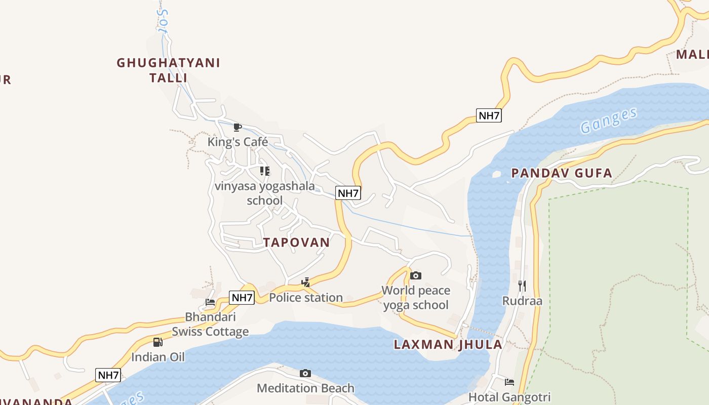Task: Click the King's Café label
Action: pyautogui.click(x=238, y=142)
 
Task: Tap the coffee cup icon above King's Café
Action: pyautogui.click(x=237, y=127)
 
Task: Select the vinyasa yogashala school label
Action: pyautogui.click(x=264, y=193)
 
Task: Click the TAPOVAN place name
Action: pyautogui.click(x=296, y=242)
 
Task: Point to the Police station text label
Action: pyautogui.click(x=305, y=298)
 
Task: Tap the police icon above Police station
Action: pyautogui.click(x=305, y=282)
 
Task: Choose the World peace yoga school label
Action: pyautogui.click(x=416, y=298)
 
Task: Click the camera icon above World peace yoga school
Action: pyautogui.click(x=416, y=275)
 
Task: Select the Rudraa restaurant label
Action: pyautogui.click(x=522, y=301)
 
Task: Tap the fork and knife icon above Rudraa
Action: pyautogui.click(x=522, y=286)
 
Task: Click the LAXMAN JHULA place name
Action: pyautogui.click(x=448, y=345)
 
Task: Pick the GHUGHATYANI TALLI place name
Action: pyautogui.click(x=168, y=70)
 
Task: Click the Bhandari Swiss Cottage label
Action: pyautogui.click(x=210, y=325)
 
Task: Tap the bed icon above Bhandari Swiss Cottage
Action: pyautogui.click(x=210, y=303)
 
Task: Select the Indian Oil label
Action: pyautogui.click(x=158, y=357)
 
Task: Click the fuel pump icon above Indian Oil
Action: pyautogui.click(x=158, y=342)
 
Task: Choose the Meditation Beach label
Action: pyautogui.click(x=305, y=388)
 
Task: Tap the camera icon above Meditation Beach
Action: pyautogui.click(x=305, y=374)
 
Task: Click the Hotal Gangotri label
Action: pyautogui.click(x=509, y=397)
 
